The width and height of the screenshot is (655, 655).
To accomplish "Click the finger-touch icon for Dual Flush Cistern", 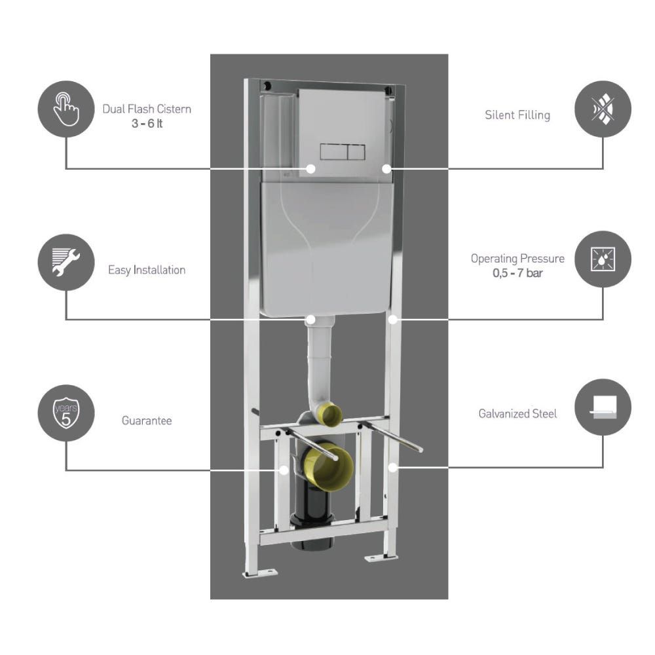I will (x=66, y=109).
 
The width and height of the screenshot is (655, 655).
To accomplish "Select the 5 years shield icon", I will (x=66, y=413).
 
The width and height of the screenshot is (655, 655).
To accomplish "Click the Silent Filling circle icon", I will (x=603, y=109).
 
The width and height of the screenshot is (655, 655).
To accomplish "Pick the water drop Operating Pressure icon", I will (x=603, y=259).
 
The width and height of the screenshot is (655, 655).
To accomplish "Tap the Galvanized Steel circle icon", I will (x=603, y=407).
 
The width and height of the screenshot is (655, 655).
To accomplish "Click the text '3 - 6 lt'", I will (x=147, y=122).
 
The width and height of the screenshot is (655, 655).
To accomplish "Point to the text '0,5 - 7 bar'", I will (x=517, y=272).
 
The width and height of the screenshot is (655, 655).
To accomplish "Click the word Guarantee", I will (x=147, y=421).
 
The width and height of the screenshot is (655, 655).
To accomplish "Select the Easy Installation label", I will (x=147, y=270).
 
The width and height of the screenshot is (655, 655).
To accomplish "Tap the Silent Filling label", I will (x=517, y=115).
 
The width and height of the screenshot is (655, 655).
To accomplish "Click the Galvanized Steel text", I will (x=517, y=414).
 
